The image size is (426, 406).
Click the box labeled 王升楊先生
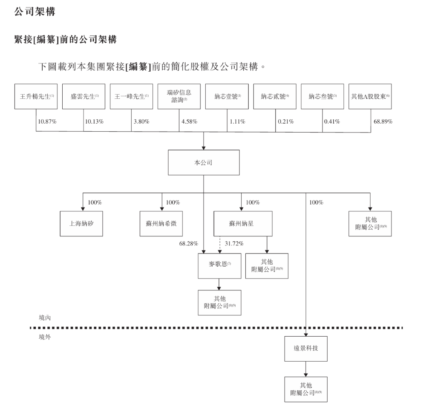click(x=36, y=96)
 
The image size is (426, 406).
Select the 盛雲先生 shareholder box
click(x=83, y=96)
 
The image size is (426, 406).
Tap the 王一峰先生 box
click(x=131, y=96)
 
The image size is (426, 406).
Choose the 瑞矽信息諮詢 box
click(x=179, y=96)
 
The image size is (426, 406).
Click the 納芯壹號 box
click(x=227, y=96)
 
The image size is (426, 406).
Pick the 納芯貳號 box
click(x=275, y=96)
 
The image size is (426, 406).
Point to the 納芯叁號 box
click(x=322, y=96)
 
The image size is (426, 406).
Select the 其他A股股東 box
click(x=370, y=96)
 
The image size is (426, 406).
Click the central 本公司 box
click(x=204, y=162)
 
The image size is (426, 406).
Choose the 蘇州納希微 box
click(x=161, y=223)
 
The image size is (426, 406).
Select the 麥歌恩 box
click(x=219, y=265)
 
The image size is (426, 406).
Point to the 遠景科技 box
click(x=306, y=347)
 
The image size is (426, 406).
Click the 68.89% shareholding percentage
click(x=383, y=121)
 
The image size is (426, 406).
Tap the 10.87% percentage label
click(x=47, y=121)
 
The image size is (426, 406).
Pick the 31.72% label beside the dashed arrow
click(x=234, y=244)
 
